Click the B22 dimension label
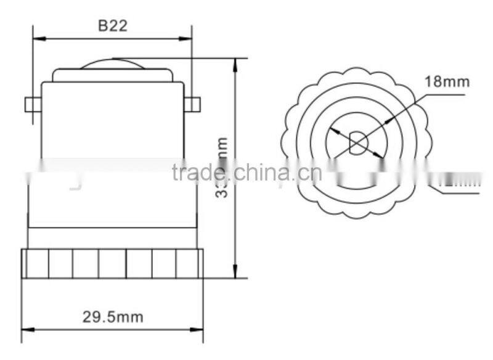(x=112, y=26)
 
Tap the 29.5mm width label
(x=113, y=317)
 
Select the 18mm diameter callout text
(x=447, y=81)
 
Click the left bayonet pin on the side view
(x=32, y=105)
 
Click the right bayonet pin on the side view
(x=192, y=105)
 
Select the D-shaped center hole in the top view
(x=357, y=143)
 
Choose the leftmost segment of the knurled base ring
(x=35, y=263)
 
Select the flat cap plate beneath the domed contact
(x=112, y=75)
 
